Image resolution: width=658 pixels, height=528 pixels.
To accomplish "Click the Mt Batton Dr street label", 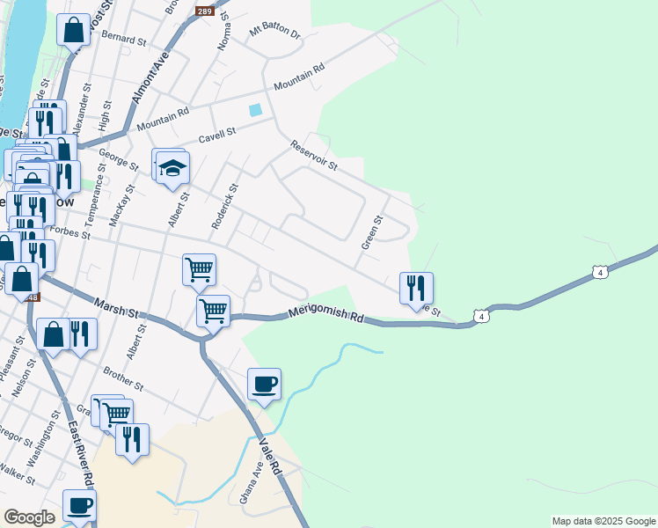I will [x=274, y=33].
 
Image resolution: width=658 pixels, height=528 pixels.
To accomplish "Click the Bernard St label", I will [x=123, y=39].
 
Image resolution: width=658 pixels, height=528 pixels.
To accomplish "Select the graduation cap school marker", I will [x=172, y=166].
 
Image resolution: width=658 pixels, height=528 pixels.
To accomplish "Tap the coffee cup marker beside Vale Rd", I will [x=264, y=384].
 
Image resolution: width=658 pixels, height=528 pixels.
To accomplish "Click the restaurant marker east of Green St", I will [x=416, y=287].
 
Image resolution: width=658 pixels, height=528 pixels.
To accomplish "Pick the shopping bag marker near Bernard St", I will [x=74, y=29].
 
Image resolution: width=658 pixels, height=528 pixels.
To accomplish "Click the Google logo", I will [x=30, y=517].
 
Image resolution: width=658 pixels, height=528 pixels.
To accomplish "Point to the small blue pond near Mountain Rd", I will [x=255, y=110].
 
